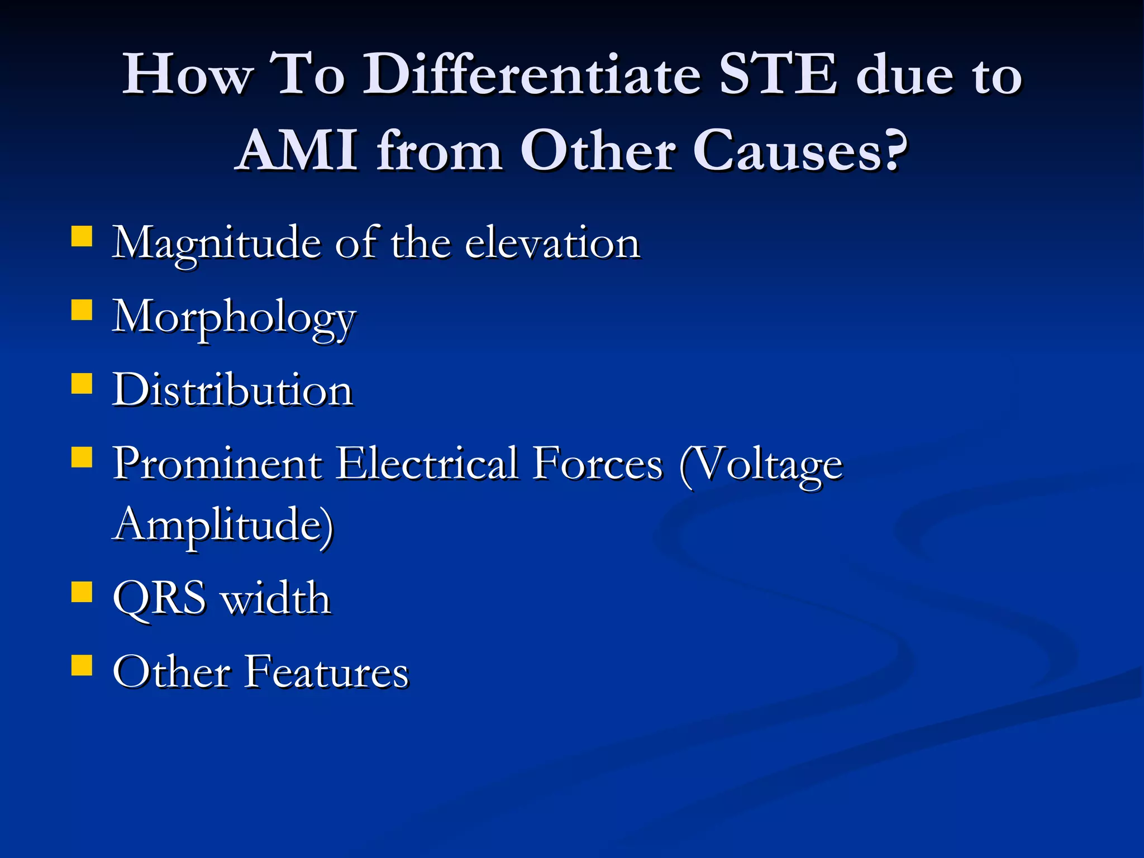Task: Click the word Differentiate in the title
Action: click(x=532, y=75)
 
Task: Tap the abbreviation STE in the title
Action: click(x=778, y=75)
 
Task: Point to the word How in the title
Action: click(x=187, y=75)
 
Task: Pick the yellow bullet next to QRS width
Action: click(x=82, y=592)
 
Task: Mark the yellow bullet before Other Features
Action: click(x=82, y=665)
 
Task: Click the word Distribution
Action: click(x=232, y=390)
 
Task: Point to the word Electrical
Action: click(x=427, y=464)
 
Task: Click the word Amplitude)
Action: click(x=223, y=525)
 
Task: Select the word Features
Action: click(x=327, y=672)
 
